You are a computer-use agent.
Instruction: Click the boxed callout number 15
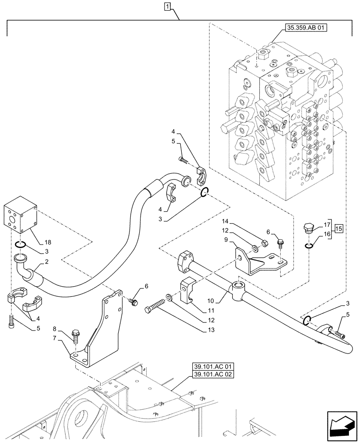339,229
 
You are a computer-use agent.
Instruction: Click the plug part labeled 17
308,229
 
